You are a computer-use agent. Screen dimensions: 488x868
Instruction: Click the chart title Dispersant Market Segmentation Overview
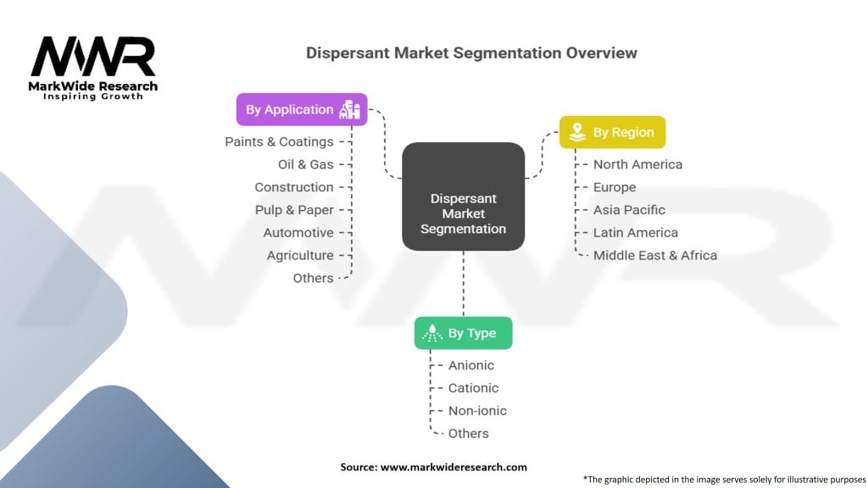(471, 53)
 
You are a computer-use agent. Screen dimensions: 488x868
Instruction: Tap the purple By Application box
(302, 109)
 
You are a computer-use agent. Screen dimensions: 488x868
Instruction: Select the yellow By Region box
(612, 132)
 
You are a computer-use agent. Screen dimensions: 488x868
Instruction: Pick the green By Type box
(463, 333)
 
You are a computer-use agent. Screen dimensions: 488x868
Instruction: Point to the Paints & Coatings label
(279, 141)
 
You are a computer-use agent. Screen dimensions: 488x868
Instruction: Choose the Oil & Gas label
(305, 164)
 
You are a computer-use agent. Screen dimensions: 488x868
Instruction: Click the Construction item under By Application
(294, 187)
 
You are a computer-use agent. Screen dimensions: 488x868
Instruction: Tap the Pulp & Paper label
(294, 210)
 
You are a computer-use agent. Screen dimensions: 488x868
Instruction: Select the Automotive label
(298, 233)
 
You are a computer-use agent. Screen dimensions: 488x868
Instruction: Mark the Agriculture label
(300, 256)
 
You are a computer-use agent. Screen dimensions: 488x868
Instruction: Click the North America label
(637, 164)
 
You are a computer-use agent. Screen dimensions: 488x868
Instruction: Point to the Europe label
(615, 187)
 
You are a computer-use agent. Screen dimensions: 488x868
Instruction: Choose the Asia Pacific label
(629, 210)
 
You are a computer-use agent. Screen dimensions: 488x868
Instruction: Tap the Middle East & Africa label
(655, 256)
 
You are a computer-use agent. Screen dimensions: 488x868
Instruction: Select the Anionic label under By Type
(471, 365)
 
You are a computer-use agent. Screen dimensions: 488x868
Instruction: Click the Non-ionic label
(477, 411)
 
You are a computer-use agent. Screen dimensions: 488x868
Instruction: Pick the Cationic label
(473, 388)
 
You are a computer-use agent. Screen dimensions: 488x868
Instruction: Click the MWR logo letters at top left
(93, 58)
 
